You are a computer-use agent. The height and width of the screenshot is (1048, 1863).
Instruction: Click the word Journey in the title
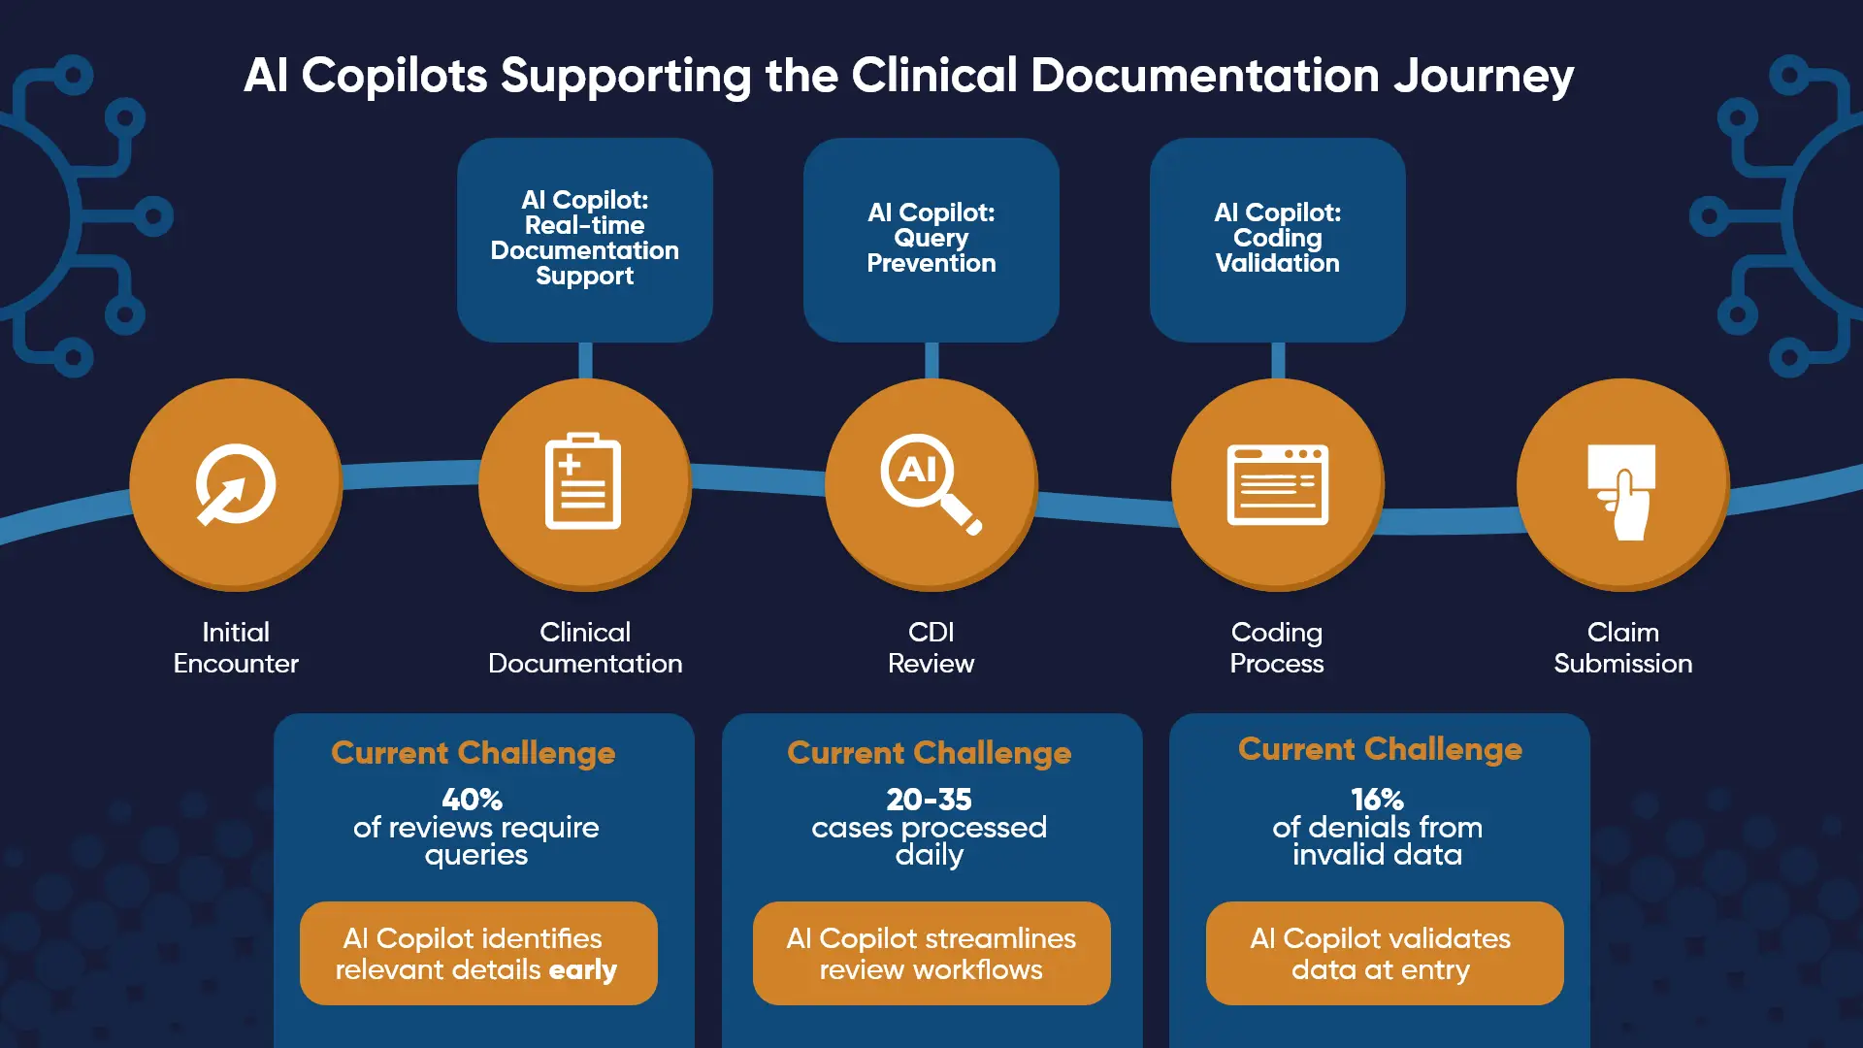click(x=1483, y=76)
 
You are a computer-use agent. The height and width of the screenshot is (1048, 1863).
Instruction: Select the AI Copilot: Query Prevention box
click(x=931, y=239)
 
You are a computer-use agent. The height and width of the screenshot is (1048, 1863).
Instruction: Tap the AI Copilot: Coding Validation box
click(x=1277, y=239)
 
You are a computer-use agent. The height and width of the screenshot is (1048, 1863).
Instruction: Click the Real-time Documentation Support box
click(x=584, y=239)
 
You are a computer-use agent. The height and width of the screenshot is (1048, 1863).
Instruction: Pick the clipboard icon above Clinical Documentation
click(x=583, y=482)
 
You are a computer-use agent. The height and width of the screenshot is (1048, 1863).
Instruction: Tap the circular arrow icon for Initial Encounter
click(x=235, y=484)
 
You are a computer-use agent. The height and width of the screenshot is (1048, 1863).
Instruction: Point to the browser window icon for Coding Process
click(x=1277, y=484)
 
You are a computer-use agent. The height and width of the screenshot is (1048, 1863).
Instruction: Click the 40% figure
click(x=473, y=800)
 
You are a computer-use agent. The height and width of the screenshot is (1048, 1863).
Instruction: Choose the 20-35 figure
click(x=929, y=800)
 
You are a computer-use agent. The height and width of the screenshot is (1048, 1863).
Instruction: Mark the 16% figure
click(x=1377, y=800)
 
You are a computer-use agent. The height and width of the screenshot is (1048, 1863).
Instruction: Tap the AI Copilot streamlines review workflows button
click(x=931, y=953)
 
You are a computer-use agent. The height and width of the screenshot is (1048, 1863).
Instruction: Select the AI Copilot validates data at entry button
click(x=1384, y=953)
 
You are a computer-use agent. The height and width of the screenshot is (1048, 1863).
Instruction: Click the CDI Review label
click(x=931, y=647)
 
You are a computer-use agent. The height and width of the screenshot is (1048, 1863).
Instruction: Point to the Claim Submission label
click(x=1622, y=647)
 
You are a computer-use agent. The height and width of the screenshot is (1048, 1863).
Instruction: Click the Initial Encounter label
click(x=236, y=647)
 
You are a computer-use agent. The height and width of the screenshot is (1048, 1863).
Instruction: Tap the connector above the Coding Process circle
click(x=1278, y=360)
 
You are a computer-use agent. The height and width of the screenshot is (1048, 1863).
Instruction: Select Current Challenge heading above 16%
click(x=1380, y=749)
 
